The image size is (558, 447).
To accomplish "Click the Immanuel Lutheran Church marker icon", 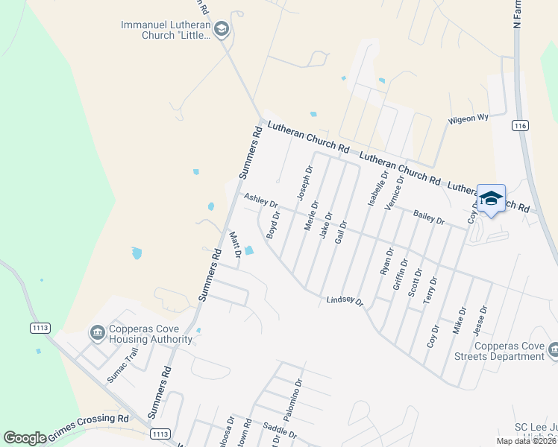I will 221,29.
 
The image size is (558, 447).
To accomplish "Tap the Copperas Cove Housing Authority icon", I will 98,332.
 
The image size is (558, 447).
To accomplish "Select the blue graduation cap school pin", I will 491,198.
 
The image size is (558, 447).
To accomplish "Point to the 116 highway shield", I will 520,126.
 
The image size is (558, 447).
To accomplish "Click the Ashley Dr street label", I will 260,200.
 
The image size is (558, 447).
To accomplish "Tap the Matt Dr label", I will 234,248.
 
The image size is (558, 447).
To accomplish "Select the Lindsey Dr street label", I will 344,301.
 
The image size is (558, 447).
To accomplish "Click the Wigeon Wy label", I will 468,118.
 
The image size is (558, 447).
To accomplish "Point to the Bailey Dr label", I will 429,218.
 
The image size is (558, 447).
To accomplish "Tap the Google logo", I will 25,438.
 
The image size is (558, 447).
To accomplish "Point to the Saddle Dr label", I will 280,430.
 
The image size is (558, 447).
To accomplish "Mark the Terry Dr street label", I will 431,290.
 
